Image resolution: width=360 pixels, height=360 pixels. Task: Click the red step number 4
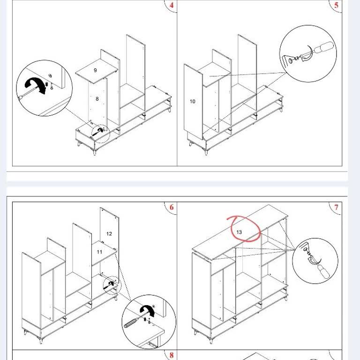click(x=172, y=5)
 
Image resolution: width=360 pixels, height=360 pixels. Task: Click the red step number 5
click(x=337, y=5)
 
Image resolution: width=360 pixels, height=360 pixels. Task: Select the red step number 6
click(x=172, y=207)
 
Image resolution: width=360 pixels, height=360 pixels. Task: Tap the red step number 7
click(x=337, y=207)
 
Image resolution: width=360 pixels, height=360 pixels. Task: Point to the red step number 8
click(x=172, y=355)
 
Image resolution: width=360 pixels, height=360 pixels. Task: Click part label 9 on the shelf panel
click(x=95, y=70)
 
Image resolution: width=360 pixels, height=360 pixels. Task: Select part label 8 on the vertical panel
click(x=97, y=99)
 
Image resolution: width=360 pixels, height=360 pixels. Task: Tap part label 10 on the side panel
click(x=192, y=101)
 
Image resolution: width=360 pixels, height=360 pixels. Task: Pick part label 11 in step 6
click(x=99, y=252)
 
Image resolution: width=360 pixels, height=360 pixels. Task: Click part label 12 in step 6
click(x=109, y=234)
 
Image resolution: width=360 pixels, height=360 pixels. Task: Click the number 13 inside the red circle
click(x=239, y=232)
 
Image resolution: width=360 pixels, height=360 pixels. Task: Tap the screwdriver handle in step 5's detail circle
click(x=323, y=47)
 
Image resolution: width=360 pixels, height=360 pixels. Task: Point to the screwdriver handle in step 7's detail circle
click(x=323, y=272)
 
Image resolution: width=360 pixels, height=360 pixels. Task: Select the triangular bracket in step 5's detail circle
click(x=287, y=60)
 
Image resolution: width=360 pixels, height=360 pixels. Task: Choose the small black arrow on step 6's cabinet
click(x=109, y=285)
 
